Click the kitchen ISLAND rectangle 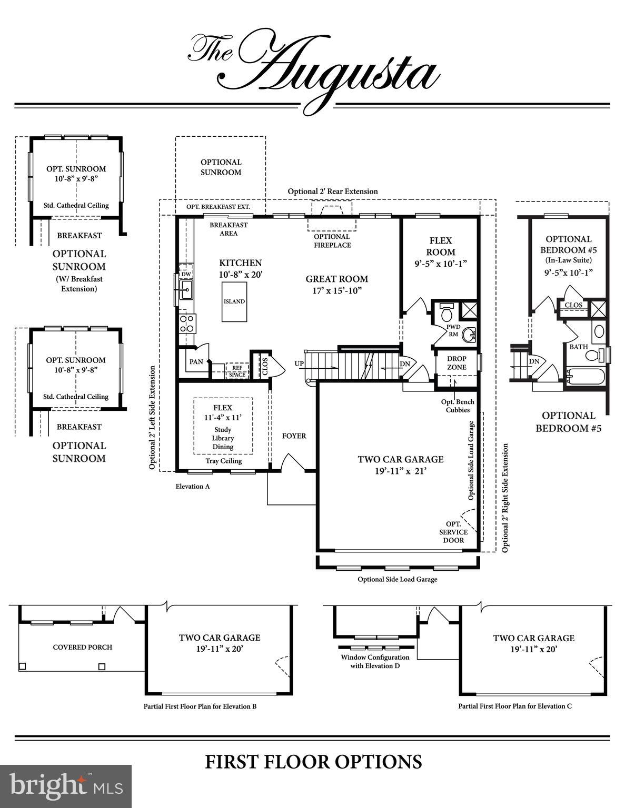(x=234, y=301)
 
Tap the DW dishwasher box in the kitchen (x=186, y=274)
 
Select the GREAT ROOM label (x=336, y=279)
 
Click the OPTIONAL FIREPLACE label (x=332, y=241)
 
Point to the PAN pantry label (x=196, y=362)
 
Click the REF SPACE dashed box (x=237, y=371)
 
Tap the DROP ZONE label (x=457, y=362)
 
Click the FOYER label (x=294, y=436)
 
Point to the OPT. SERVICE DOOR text (x=453, y=532)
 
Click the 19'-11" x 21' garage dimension (x=400, y=471)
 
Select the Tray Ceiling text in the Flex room (x=223, y=461)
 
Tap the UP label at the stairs (x=299, y=363)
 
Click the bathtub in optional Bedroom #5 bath (x=586, y=377)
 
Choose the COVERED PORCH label (x=83, y=647)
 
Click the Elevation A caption (x=193, y=486)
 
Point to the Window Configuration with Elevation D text (x=375, y=661)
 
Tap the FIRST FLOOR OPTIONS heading (x=313, y=762)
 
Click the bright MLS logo (x=66, y=786)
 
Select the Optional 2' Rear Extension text (x=332, y=191)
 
